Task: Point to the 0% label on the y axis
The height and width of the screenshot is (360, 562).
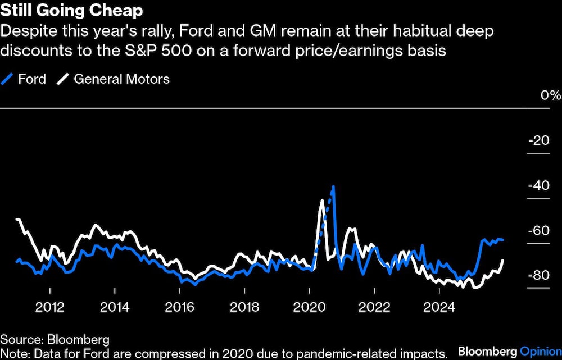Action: pos(551,95)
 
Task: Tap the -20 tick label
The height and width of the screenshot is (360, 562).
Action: pos(540,140)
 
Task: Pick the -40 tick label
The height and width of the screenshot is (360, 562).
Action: pos(540,185)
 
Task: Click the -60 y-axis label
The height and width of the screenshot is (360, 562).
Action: pos(540,230)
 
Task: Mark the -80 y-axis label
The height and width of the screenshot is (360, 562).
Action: pos(540,275)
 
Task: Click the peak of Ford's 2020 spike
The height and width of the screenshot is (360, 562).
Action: pos(333,186)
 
